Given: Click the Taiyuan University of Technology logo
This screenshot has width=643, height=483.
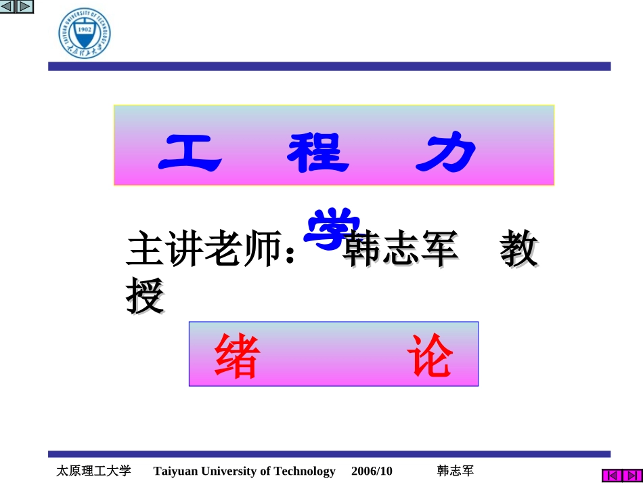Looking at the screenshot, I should click(x=85, y=33).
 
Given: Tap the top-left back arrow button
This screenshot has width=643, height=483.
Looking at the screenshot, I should click(x=8, y=7).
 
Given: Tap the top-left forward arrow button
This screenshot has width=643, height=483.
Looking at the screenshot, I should click(x=24, y=7).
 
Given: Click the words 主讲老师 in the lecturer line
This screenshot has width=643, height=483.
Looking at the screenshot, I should click(x=203, y=251).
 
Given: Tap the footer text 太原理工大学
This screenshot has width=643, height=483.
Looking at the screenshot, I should click(x=93, y=471).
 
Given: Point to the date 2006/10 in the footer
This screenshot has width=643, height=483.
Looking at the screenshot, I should click(x=372, y=471).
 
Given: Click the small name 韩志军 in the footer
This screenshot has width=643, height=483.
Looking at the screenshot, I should click(x=456, y=471).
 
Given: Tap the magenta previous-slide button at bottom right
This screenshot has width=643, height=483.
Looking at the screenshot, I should click(x=611, y=476).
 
